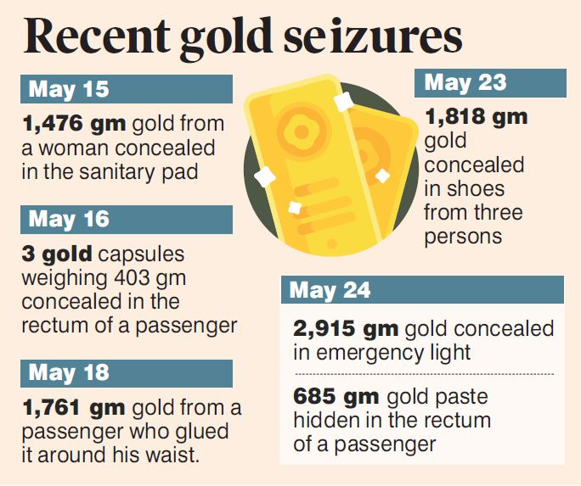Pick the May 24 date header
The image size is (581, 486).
tap(330, 289)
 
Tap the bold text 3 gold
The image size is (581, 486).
tap(56, 254)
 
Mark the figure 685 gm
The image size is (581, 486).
tap(336, 396)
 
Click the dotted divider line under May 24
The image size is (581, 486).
tap(423, 373)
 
